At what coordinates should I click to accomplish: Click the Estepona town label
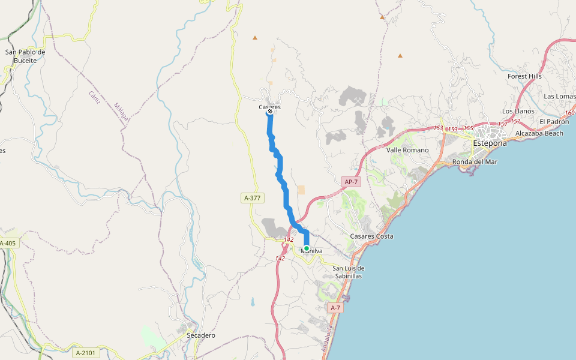tap(490, 143)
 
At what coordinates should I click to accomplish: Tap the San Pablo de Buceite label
tap(25, 56)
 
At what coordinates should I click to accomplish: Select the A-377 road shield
tap(253, 197)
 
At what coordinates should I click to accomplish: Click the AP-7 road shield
tap(351, 181)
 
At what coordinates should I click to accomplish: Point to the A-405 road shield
tap(8, 243)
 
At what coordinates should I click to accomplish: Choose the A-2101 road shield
tap(85, 353)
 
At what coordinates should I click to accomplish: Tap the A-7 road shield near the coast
tap(335, 308)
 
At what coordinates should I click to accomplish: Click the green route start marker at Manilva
tap(307, 248)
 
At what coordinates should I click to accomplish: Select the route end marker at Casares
tap(271, 111)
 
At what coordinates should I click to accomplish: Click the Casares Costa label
tap(372, 236)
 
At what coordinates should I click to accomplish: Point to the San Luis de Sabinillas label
tap(349, 272)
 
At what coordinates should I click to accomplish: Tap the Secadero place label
tap(201, 335)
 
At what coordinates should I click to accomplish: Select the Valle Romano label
tap(407, 150)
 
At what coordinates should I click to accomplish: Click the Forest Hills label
tap(524, 76)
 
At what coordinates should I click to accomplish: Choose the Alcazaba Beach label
tap(539, 133)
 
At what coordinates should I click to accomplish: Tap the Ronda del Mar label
tap(475, 161)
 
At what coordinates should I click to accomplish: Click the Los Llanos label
tap(518, 111)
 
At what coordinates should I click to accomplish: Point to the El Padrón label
tap(553, 121)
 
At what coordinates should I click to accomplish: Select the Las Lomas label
tap(559, 96)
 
